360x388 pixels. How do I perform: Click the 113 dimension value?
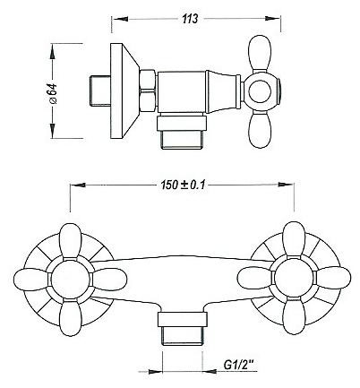coord(190,19)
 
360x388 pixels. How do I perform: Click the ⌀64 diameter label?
coord(53,93)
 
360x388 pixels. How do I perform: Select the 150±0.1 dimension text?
coord(183,185)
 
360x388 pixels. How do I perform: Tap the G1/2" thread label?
coord(238,365)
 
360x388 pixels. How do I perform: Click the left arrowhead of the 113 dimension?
coord(121,19)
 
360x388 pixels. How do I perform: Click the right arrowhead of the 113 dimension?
coord(272,19)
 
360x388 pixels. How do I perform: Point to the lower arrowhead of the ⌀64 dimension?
coord(53,129)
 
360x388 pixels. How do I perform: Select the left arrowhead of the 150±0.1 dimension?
coord(78,185)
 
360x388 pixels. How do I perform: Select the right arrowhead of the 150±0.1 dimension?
coord(286,185)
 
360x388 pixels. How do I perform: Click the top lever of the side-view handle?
coord(260,53)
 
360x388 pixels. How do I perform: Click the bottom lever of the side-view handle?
coord(260,130)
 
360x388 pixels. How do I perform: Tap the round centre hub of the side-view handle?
coord(260,91)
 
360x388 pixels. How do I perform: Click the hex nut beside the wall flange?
coord(148,91)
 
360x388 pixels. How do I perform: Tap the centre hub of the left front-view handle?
coord(70,278)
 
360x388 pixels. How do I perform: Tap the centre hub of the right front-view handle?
coord(294,277)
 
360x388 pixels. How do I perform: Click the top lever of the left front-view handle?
coord(70,241)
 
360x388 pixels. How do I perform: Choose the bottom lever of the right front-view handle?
coord(294,315)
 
